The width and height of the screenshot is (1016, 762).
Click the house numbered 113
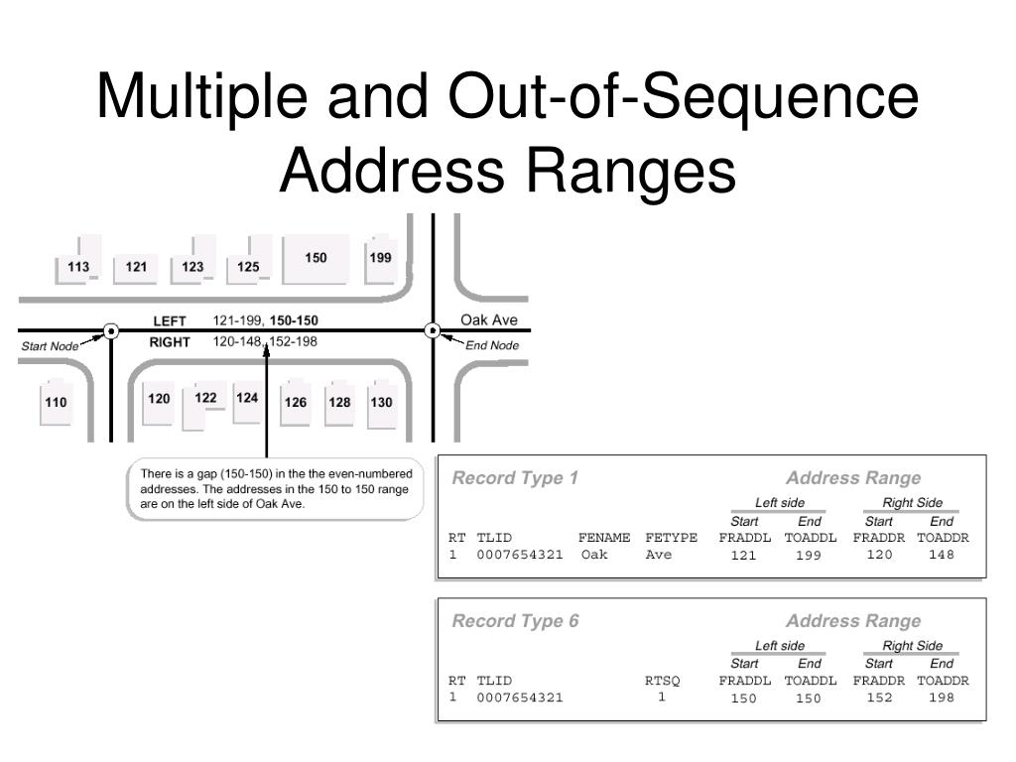(x=77, y=266)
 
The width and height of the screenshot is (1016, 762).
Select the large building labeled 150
(x=316, y=259)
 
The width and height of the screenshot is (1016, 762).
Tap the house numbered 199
(x=380, y=258)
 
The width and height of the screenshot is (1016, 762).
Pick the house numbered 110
(x=56, y=403)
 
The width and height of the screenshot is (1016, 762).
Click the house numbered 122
(x=205, y=399)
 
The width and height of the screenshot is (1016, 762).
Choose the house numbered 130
(x=381, y=403)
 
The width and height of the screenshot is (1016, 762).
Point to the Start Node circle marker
(x=111, y=330)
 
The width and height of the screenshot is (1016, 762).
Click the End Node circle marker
(x=433, y=330)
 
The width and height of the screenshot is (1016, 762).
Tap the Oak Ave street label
(x=489, y=320)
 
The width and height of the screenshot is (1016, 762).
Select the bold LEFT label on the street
(x=170, y=320)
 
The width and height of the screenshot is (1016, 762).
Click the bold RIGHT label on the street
(x=170, y=342)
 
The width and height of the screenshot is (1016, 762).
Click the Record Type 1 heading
(x=515, y=478)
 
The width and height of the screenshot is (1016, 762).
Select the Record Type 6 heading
(x=515, y=621)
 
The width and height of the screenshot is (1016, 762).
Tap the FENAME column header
(x=604, y=538)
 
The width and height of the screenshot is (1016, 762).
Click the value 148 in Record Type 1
(x=942, y=555)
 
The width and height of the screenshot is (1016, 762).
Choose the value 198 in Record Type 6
(x=942, y=698)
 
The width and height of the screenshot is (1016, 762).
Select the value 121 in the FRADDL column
(x=743, y=556)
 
